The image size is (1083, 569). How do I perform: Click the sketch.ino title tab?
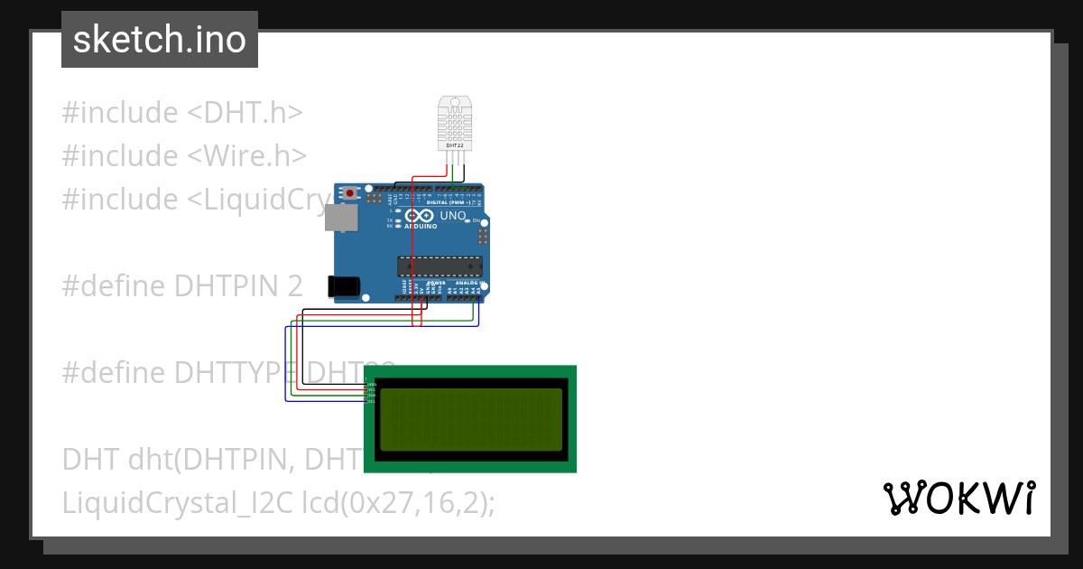[x=160, y=40]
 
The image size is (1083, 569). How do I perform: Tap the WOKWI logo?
[x=958, y=498]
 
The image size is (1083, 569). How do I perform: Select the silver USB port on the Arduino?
[x=340, y=218]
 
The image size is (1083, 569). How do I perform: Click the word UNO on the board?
[x=452, y=217]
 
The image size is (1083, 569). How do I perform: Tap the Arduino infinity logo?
[x=420, y=217]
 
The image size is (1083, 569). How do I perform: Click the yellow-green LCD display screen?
[x=470, y=419]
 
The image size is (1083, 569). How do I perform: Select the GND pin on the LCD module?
[x=371, y=384]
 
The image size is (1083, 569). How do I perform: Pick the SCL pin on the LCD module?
[x=371, y=400]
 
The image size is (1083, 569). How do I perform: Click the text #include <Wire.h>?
[x=185, y=156]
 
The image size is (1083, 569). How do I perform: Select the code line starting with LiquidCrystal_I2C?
[x=278, y=502]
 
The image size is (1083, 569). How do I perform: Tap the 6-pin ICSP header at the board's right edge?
[x=484, y=237]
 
